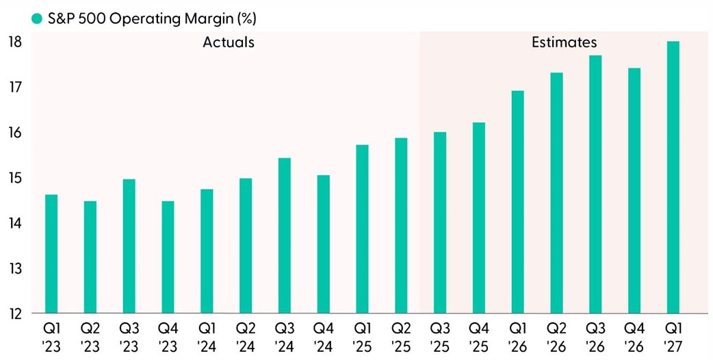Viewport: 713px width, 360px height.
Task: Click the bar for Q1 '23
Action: click(x=51, y=254)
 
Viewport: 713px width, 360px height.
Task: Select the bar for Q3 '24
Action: click(x=285, y=235)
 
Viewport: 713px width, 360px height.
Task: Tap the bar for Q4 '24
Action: click(x=324, y=244)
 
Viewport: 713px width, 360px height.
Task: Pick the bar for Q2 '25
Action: click(x=401, y=226)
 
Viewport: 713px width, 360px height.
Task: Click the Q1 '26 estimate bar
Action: click(x=518, y=202)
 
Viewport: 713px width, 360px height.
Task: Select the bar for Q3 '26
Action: click(x=595, y=184)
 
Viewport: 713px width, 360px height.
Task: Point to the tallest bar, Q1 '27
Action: click(x=673, y=177)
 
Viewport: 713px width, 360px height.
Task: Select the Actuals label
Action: click(x=229, y=42)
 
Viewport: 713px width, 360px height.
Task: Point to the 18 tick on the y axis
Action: click(x=16, y=42)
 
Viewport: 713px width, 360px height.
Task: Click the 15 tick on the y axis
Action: click(x=16, y=178)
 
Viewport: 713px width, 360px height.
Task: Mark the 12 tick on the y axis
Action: click(x=16, y=313)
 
